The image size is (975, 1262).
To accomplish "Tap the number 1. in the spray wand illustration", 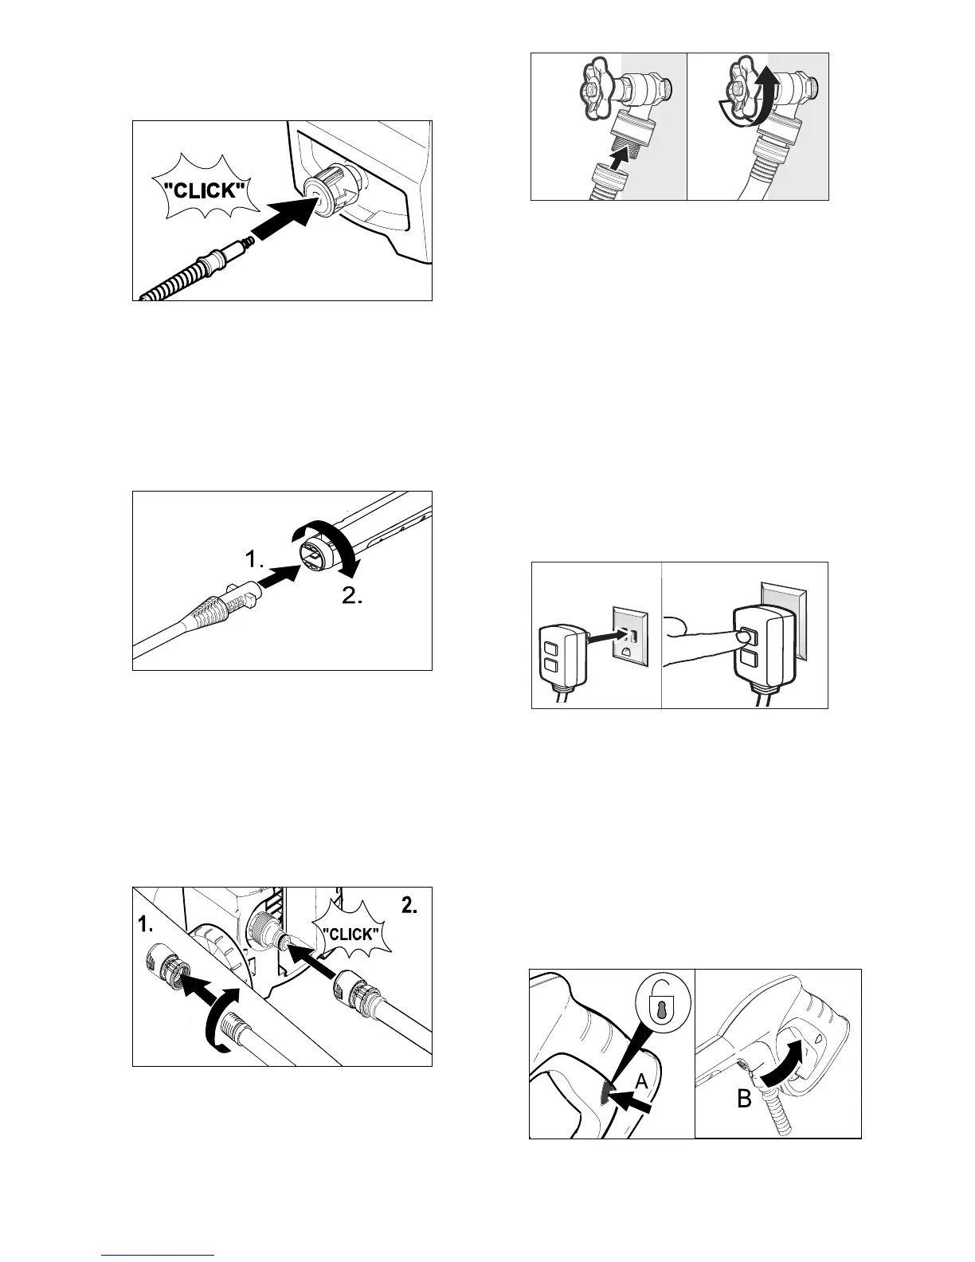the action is click(x=255, y=561).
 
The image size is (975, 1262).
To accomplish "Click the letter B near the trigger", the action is click(x=744, y=1100).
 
